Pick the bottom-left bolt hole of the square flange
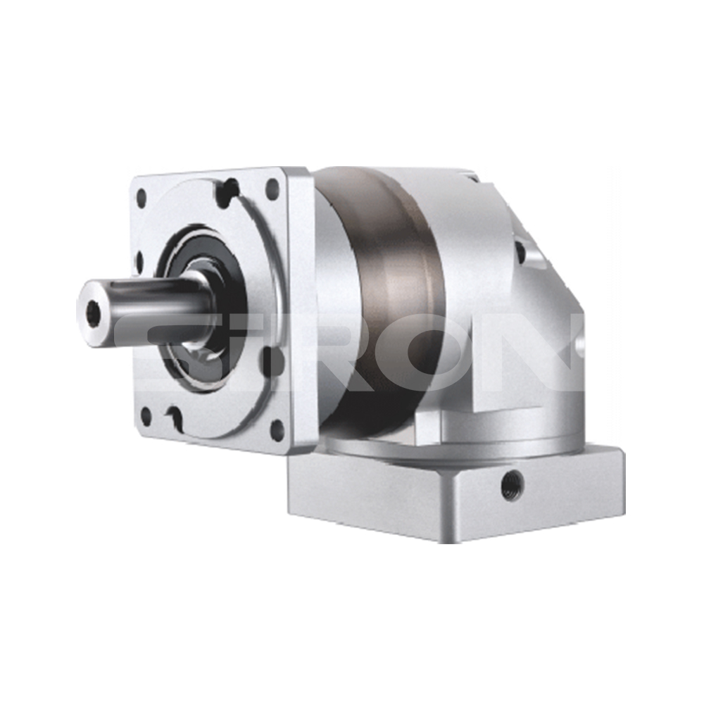pos(146,417)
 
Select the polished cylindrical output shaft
pos(144,310)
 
